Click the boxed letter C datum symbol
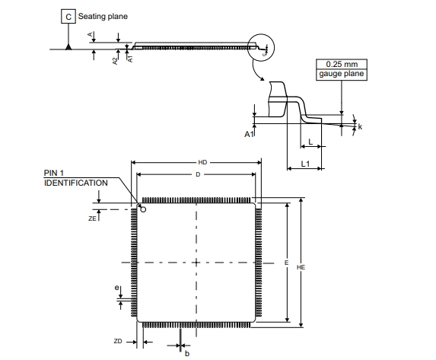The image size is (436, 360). click(x=68, y=17)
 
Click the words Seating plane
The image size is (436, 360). click(x=103, y=17)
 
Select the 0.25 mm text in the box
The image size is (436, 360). click(x=342, y=64)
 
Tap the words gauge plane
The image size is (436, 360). click(x=342, y=74)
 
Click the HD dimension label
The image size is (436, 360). click(x=202, y=162)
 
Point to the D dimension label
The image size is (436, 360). click(x=198, y=174)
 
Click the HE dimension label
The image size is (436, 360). click(x=301, y=267)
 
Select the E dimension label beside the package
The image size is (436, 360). click(x=286, y=263)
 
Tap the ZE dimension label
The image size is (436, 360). click(x=92, y=218)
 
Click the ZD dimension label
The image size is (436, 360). click(x=118, y=341)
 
